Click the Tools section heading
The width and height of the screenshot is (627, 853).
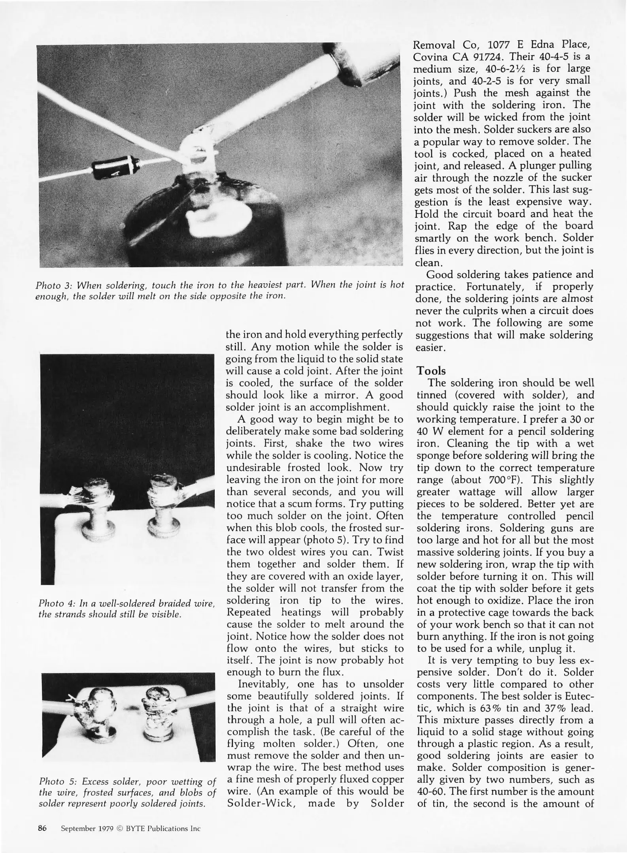[431, 371]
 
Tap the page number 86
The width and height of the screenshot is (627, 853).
[42, 828]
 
